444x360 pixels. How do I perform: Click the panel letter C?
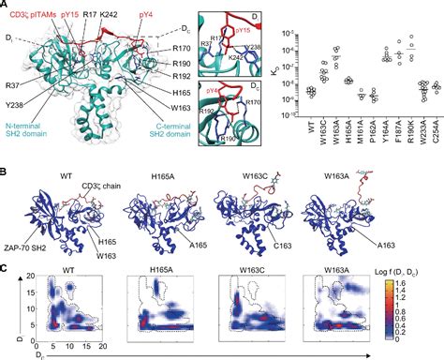pyautogui.click(x=6, y=266)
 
